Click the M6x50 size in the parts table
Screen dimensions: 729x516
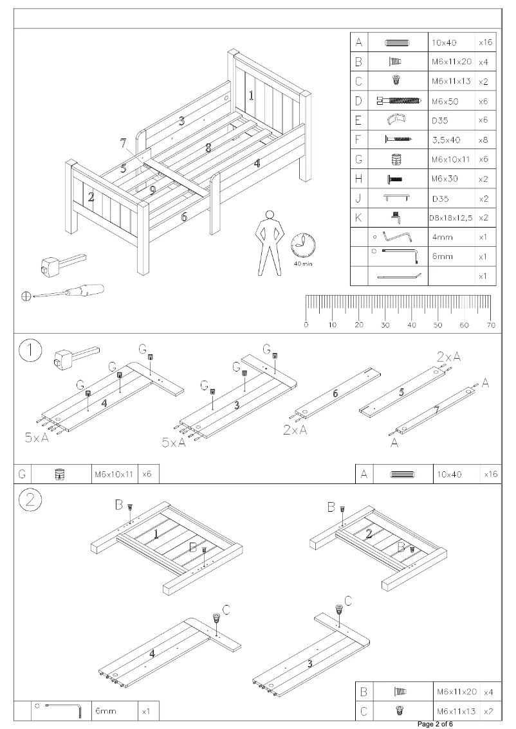(x=443, y=101)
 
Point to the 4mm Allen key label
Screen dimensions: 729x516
(x=442, y=237)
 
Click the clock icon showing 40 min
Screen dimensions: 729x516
(x=303, y=246)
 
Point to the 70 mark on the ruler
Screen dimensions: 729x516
(x=491, y=325)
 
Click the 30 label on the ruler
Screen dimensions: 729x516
(x=385, y=325)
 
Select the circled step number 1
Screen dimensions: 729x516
(x=30, y=352)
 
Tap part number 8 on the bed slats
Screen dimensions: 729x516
(x=208, y=148)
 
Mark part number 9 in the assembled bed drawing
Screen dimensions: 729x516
(x=152, y=190)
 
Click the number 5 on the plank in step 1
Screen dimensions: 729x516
(x=402, y=393)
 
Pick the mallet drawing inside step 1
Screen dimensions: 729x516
(x=73, y=355)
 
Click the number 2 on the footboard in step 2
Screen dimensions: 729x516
(x=368, y=534)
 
